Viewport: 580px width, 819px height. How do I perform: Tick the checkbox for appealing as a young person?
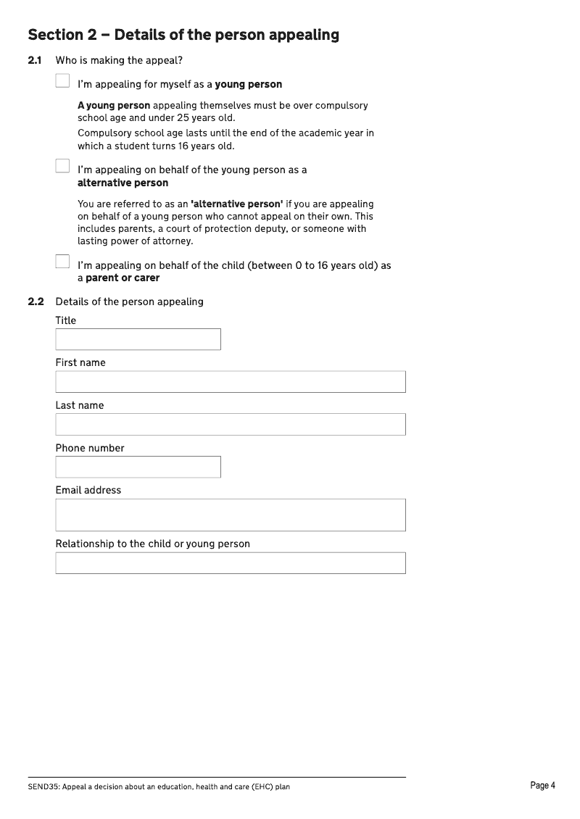click(x=62, y=81)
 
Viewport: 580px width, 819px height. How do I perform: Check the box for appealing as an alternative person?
click(x=62, y=166)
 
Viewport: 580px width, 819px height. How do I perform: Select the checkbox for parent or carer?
click(x=62, y=262)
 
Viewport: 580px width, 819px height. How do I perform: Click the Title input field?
click(x=138, y=339)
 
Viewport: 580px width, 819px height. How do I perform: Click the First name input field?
click(x=230, y=382)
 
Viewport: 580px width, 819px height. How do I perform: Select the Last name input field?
click(x=230, y=425)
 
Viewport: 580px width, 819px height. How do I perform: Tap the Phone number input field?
click(x=138, y=467)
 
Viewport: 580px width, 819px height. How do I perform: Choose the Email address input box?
click(x=230, y=515)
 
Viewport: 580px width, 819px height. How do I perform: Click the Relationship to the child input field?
click(x=230, y=563)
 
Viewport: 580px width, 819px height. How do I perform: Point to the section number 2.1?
click(x=35, y=61)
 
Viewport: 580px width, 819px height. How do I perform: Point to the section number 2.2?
click(x=36, y=302)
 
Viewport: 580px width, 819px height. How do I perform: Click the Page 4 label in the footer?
click(x=542, y=786)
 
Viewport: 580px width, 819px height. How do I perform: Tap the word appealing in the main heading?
click(x=304, y=35)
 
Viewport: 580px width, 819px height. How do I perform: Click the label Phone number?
click(x=90, y=448)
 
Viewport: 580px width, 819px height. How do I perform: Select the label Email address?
click(x=88, y=490)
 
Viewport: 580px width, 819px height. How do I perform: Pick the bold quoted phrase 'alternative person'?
click(x=236, y=204)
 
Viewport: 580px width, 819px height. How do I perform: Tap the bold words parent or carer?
click(x=123, y=278)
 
